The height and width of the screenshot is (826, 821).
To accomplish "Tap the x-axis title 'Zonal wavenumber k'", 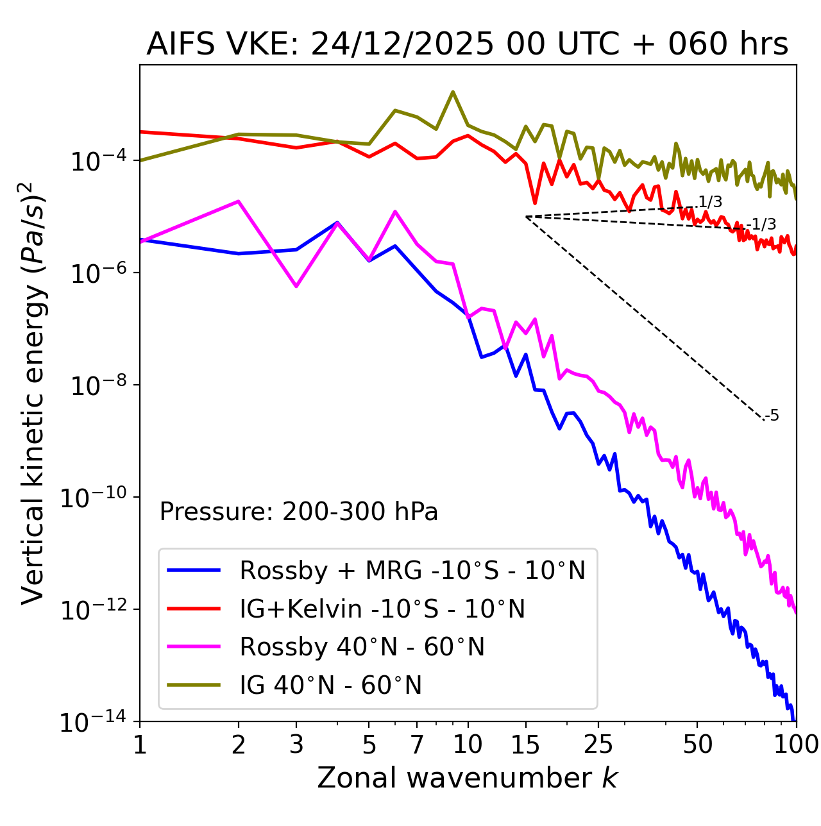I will point(467,778).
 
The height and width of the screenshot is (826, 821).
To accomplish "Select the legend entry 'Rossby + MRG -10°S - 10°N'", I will point(412,570).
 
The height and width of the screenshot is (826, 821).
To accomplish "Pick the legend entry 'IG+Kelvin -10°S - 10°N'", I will point(382,609).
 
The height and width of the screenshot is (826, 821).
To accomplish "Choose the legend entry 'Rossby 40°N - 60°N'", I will point(362,647).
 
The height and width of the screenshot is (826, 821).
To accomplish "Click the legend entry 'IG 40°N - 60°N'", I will point(330,686).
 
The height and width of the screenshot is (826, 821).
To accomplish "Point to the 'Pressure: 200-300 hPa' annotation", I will point(298,512).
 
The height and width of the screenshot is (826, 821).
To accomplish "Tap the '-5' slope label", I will point(772,416).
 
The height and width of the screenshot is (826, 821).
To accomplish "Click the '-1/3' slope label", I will point(763,224).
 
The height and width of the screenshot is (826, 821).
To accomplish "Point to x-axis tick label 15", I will point(525,745).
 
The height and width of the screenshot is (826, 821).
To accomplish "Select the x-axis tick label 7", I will point(417,745).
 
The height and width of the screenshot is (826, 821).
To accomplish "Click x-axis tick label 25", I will point(598,745).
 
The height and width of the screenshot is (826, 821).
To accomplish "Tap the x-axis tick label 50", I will point(697,745).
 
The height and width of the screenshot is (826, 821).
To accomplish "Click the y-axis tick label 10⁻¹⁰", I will point(93,498).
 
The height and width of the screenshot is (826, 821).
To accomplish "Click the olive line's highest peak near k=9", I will point(453,92).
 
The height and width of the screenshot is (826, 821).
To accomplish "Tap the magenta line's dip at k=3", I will point(296,286).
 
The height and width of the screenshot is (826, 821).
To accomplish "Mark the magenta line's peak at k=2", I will point(239,201).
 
